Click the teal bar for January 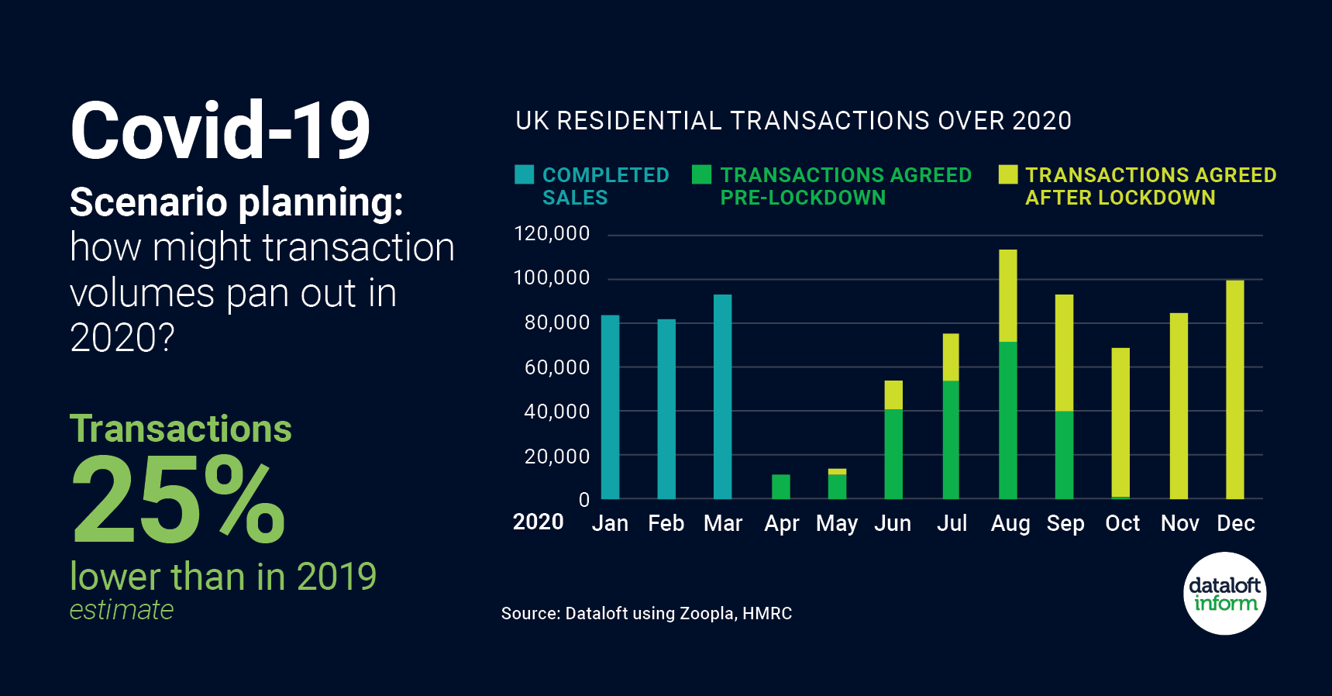[x=611, y=407]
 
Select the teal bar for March [x=722, y=397]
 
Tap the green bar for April [x=781, y=487]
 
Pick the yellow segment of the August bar [x=1008, y=296]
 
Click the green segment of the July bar [x=951, y=439]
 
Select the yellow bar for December [x=1235, y=390]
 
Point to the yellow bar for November [x=1179, y=406]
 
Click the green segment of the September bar [x=1065, y=455]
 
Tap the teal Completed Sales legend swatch [x=525, y=174]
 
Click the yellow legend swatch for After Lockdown [x=1008, y=174]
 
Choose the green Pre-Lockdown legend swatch [x=702, y=174]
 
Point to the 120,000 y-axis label [x=552, y=233]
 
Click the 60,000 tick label [x=557, y=367]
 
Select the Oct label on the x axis [x=1122, y=524]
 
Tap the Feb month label [x=666, y=524]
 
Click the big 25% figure [x=179, y=500]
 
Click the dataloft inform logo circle [x=1225, y=594]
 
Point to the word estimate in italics [x=122, y=611]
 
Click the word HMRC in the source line [x=767, y=614]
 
